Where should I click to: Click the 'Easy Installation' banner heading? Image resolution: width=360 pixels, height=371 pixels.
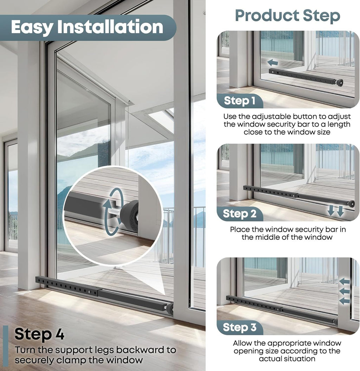(x=87, y=27)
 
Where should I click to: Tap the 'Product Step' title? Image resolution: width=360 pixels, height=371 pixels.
(x=288, y=16)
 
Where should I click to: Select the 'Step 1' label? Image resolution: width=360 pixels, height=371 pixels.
(x=239, y=101)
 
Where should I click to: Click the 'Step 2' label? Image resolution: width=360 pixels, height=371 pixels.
(x=239, y=214)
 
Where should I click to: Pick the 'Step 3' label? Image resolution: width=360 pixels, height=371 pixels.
(x=239, y=327)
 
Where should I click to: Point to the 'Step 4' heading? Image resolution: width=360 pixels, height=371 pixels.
(x=39, y=334)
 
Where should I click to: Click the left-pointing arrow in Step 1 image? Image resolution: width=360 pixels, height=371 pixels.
(x=272, y=63)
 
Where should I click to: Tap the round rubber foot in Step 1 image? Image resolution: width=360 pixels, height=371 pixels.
(x=340, y=83)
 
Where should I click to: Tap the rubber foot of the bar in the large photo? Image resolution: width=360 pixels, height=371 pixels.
(x=170, y=309)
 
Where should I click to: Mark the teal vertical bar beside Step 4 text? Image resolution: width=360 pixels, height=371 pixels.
(x=6, y=346)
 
